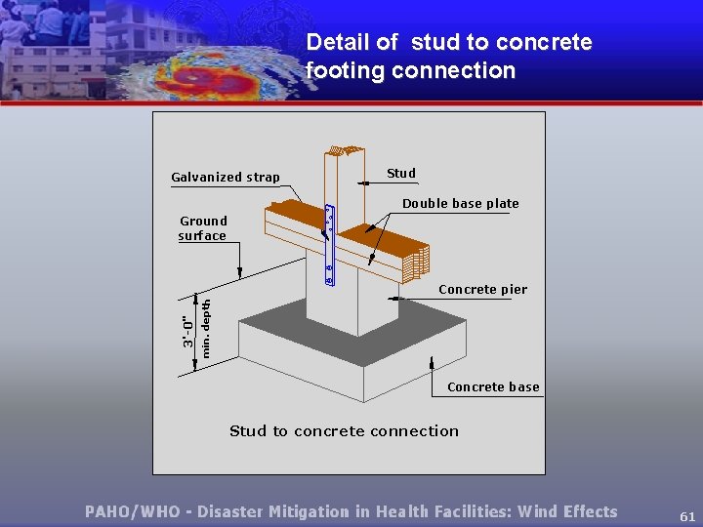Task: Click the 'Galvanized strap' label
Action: click(x=226, y=178)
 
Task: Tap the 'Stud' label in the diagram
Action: click(x=401, y=173)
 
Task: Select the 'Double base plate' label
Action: click(x=461, y=203)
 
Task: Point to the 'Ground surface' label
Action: click(x=203, y=228)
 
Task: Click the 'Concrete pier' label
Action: click(x=482, y=289)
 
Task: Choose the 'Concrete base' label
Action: click(x=493, y=386)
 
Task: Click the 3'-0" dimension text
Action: click(x=187, y=329)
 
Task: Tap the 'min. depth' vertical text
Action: click(x=206, y=328)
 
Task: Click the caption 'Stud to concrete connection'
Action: click(x=344, y=430)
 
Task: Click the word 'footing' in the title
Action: click(x=342, y=70)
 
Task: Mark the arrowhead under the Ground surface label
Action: click(x=239, y=275)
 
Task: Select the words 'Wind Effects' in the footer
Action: click(x=567, y=511)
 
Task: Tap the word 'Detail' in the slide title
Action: click(x=338, y=42)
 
